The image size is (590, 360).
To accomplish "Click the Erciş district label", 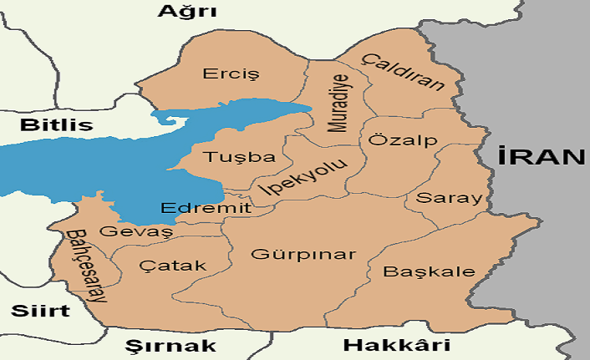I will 231,74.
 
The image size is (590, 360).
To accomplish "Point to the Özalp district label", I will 403,140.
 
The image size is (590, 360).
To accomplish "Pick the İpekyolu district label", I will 303,178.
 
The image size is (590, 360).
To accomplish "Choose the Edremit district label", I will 205,209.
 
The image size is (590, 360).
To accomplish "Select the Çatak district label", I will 172,266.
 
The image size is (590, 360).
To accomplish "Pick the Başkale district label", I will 429,272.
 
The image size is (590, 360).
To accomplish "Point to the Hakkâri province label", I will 397,346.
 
